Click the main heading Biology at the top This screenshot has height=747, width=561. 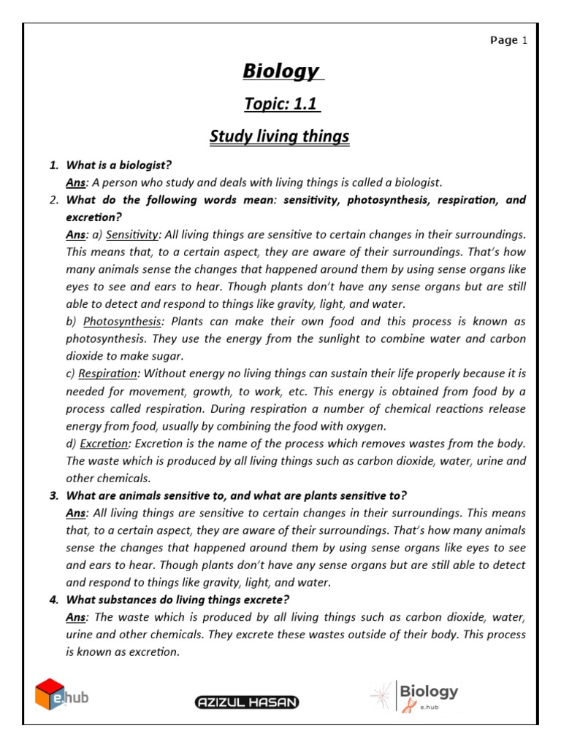(x=280, y=71)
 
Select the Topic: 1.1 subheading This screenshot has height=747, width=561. (x=280, y=104)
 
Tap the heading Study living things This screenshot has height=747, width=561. (x=280, y=136)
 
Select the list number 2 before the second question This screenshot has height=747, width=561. (x=54, y=200)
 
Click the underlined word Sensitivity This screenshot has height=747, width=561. (x=132, y=234)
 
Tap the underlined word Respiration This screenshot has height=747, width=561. (x=107, y=373)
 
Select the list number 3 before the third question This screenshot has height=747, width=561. (x=54, y=496)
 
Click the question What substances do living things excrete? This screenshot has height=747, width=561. (x=178, y=600)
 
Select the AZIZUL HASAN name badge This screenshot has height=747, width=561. (x=247, y=702)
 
